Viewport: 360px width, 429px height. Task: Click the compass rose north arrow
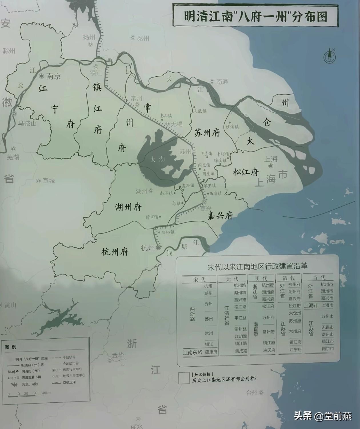(329, 56)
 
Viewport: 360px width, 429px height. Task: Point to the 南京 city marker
(42, 76)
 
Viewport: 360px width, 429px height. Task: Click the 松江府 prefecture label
(246, 172)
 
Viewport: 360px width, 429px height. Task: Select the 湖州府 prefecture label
(128, 207)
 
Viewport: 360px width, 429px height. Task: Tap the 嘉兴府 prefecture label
(220, 216)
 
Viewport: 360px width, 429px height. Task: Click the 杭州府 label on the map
(115, 252)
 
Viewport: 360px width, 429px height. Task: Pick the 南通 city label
(222, 82)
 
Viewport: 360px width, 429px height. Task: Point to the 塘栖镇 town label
(168, 232)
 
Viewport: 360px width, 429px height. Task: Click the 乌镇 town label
(176, 203)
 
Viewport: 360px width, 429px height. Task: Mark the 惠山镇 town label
(166, 116)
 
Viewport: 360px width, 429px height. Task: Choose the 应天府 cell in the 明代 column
(269, 350)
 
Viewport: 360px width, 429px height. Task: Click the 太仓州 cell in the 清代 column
(295, 313)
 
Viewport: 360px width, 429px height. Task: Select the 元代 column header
(232, 279)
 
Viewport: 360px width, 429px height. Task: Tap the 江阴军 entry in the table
(241, 336)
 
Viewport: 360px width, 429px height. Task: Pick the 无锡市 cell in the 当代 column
(327, 327)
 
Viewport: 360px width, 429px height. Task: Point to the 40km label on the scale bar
(46, 393)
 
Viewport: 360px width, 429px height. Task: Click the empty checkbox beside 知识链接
(184, 378)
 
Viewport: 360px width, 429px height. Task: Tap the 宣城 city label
(49, 181)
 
